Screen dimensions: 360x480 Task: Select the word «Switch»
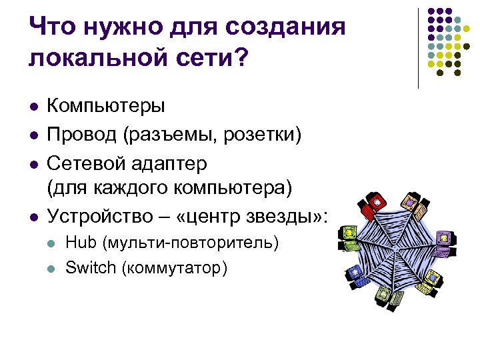[x=89, y=267]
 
